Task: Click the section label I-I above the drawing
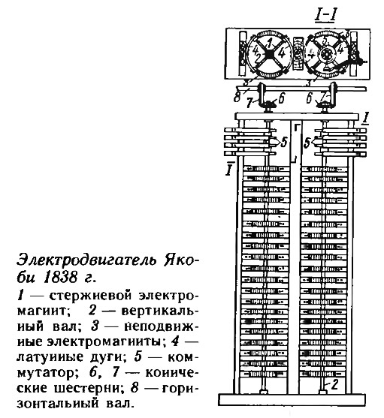[325, 17]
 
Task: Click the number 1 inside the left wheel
[270, 43]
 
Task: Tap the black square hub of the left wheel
[268, 55]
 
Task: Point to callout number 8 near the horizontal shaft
[237, 97]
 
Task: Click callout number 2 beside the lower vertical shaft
[334, 385]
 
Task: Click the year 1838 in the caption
[60, 278]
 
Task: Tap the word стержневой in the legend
[90, 296]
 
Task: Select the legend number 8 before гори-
[135, 388]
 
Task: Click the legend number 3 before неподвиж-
[95, 326]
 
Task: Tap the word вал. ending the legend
[119, 403]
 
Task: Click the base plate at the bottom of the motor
[292, 399]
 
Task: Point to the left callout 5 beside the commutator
[284, 143]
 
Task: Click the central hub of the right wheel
[325, 55]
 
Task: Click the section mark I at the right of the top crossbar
[365, 119]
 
